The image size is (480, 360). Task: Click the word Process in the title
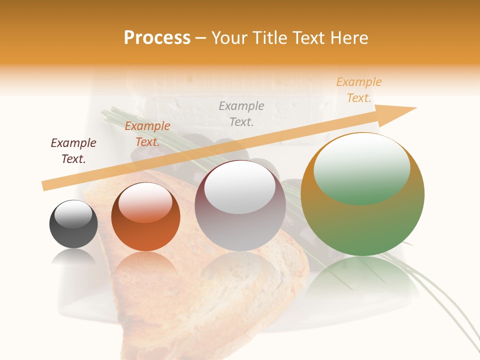click(x=157, y=38)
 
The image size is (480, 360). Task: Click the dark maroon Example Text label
click(x=73, y=151)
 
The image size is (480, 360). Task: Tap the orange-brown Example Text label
click(x=147, y=134)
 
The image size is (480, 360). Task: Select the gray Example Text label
click(x=241, y=113)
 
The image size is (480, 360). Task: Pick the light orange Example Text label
click(x=359, y=90)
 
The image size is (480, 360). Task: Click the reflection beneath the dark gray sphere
click(x=73, y=257)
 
